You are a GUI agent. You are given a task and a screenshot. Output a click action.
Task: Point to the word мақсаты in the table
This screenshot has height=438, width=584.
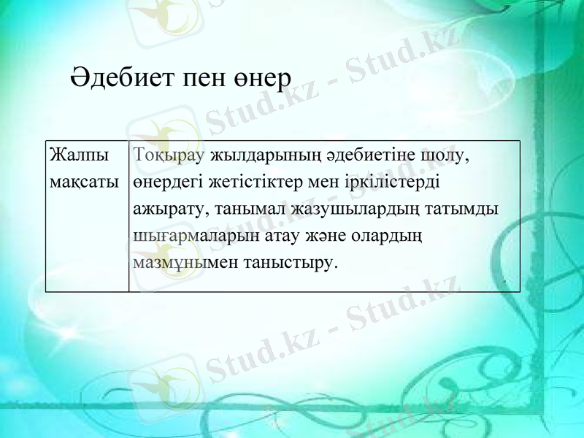(x=82, y=181)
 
